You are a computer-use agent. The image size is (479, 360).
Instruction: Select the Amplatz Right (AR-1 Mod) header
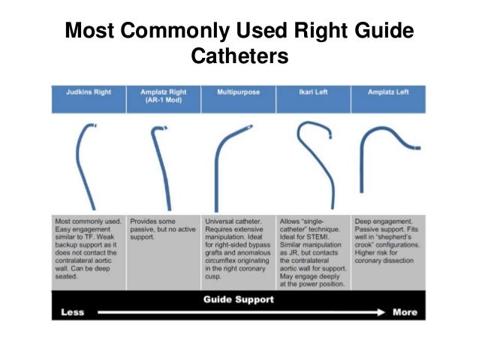(163, 96)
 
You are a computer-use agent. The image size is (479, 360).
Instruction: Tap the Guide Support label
(238, 299)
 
